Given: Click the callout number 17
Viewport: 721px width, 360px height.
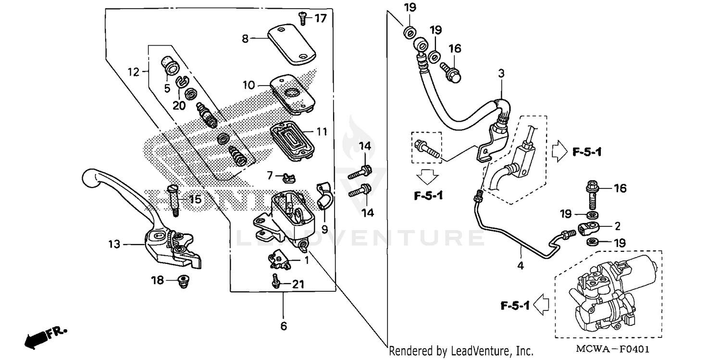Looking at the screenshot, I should point(321,19).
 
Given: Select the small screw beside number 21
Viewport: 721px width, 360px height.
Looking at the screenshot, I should point(276,281).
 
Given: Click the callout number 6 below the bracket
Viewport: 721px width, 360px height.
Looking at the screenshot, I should point(284,326).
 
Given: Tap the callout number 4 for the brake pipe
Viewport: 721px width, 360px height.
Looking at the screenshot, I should point(521,264).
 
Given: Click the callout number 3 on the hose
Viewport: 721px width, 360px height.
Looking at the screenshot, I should point(501,74).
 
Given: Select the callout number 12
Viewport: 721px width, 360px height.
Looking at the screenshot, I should point(134,72).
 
